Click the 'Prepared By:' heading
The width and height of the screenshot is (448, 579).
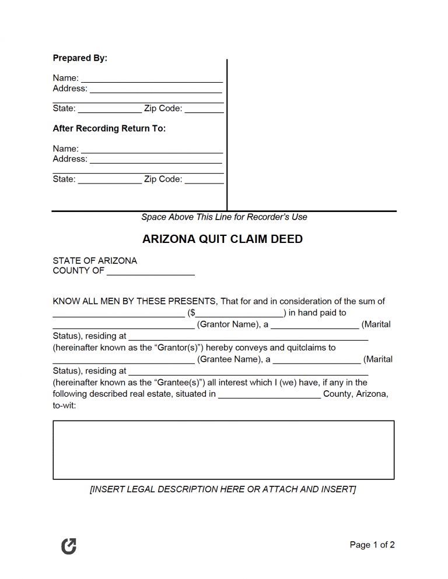click(80, 58)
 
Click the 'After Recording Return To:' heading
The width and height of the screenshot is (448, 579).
click(109, 128)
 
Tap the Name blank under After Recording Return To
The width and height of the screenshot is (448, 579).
click(152, 150)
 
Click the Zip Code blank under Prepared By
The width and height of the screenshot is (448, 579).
click(204, 110)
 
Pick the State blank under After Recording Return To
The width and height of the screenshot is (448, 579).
click(110, 180)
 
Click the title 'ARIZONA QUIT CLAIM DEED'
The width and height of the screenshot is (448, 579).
click(223, 239)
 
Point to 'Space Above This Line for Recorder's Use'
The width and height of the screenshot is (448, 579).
click(224, 217)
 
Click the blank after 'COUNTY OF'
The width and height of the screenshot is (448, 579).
click(150, 271)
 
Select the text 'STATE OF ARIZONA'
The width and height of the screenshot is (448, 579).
click(95, 261)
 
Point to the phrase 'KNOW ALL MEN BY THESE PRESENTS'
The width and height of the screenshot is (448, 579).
click(135, 302)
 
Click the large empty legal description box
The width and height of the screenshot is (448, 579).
click(223, 450)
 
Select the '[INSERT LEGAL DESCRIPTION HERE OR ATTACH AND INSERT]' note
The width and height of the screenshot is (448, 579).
click(223, 489)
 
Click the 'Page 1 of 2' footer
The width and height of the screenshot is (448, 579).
click(372, 545)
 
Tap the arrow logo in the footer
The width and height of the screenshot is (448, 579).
click(69, 546)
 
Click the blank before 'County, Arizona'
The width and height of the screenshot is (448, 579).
click(269, 395)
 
